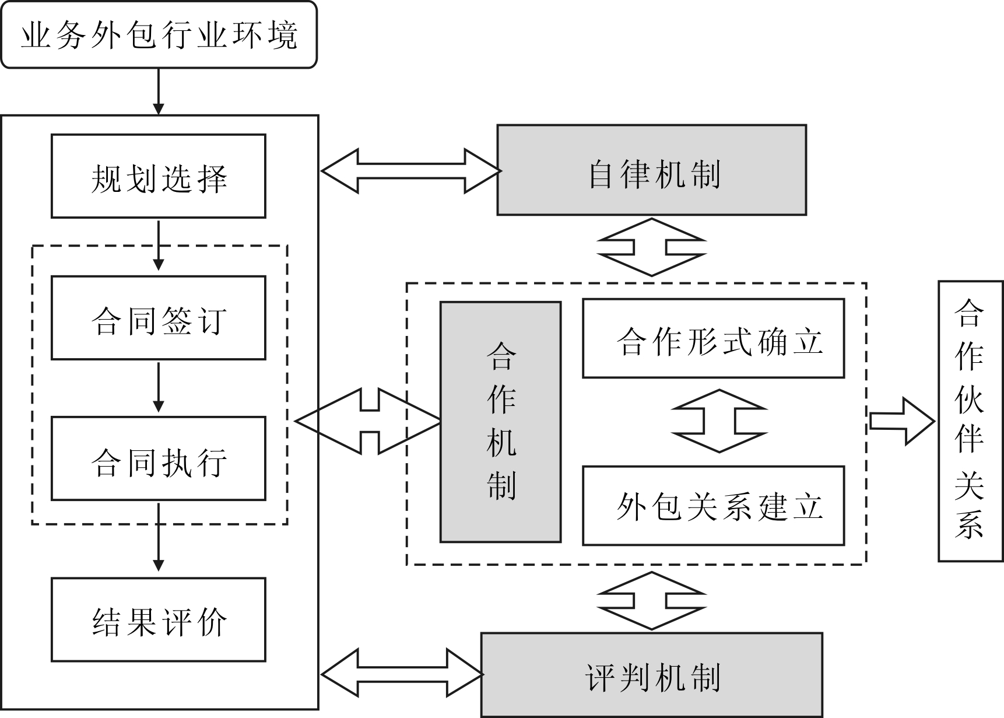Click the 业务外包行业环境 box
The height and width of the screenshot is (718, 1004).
pos(159,35)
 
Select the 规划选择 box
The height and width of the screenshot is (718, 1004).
pos(159,176)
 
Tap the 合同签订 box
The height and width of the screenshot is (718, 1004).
pos(159,318)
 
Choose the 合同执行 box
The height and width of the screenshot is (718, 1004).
pos(159,459)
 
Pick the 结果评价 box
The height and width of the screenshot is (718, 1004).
pos(159,619)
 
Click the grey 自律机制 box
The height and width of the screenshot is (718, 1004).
pos(651,170)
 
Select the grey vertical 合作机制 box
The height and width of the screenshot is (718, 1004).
pos(500,422)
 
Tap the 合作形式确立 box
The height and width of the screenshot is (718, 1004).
pos(713,339)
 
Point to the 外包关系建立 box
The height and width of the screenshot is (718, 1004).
pos(713,506)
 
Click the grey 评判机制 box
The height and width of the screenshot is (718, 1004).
pos(651,675)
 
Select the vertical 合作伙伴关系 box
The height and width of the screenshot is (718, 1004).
pos(970,421)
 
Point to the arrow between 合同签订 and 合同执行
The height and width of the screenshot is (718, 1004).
pos(159,387)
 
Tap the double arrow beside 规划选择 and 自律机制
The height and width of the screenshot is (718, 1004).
pos(410,171)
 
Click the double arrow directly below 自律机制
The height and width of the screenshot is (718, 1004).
pos(651,247)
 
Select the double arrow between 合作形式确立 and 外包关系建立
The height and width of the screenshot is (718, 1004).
pos(719,421)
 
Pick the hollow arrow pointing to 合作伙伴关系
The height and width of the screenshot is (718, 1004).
pos(901,421)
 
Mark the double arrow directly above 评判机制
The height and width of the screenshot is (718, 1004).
pos(651,601)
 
